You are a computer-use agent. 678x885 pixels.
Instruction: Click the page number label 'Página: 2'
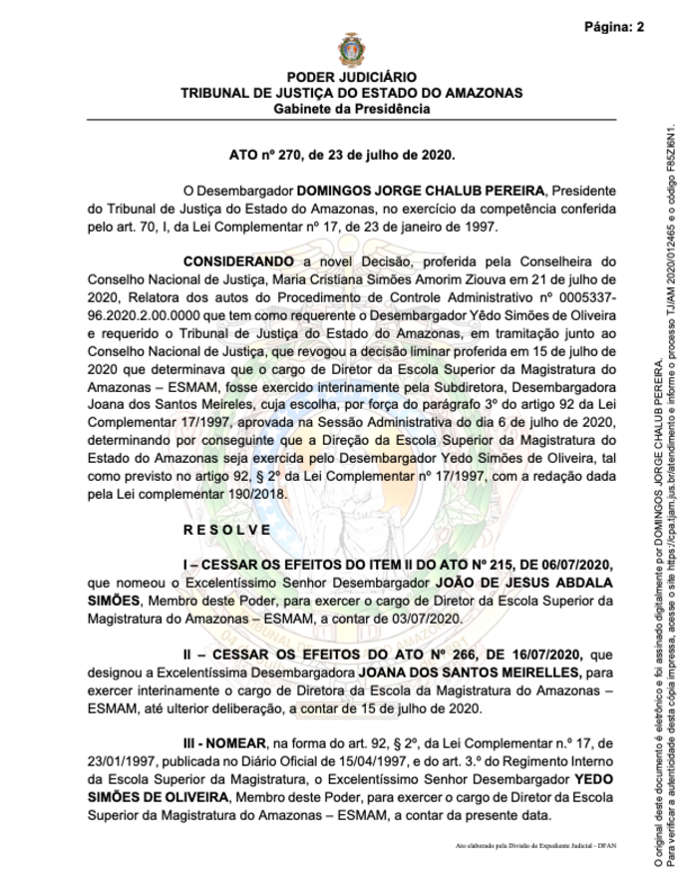[613, 27]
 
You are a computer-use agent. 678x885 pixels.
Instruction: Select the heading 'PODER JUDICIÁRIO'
[351, 78]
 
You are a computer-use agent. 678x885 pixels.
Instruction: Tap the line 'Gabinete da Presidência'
[351, 108]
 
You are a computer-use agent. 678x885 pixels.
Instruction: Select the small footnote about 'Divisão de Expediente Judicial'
[536, 845]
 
